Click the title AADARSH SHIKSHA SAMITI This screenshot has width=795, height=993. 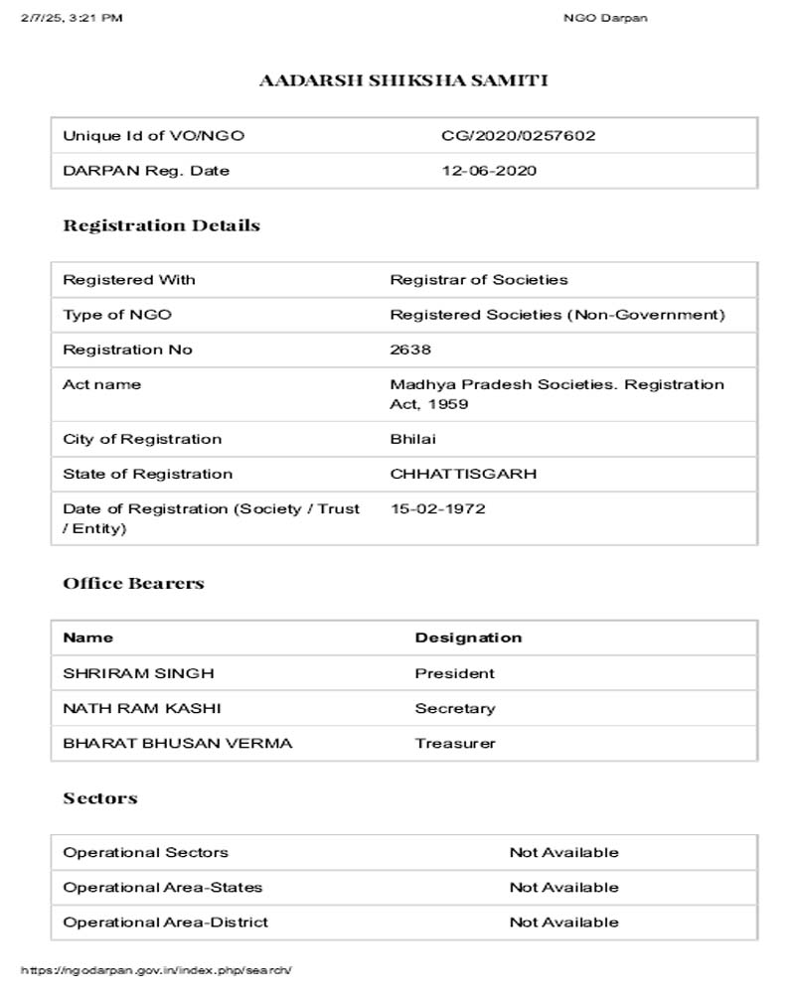(x=402, y=80)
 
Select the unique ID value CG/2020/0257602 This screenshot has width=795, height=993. (x=518, y=136)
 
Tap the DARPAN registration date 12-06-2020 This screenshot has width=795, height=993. (x=489, y=171)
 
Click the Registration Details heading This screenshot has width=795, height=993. (x=161, y=225)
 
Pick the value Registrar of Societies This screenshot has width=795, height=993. (x=479, y=280)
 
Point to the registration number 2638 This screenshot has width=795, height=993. (x=410, y=350)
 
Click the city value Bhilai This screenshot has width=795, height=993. (x=412, y=439)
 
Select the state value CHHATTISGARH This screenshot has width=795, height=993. (x=463, y=474)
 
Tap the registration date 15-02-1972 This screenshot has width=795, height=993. (x=437, y=508)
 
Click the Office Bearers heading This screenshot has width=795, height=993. (x=133, y=583)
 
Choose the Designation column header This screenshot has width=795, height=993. (x=468, y=638)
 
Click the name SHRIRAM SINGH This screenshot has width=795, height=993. (x=138, y=673)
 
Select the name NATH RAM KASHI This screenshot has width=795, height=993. (x=142, y=708)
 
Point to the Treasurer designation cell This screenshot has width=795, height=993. (x=455, y=743)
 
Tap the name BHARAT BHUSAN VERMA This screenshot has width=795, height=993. (x=178, y=743)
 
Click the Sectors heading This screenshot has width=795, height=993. (x=100, y=798)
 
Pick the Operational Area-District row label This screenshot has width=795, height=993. (x=165, y=922)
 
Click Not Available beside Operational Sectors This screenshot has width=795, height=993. (x=563, y=852)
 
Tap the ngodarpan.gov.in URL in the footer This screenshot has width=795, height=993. (x=156, y=969)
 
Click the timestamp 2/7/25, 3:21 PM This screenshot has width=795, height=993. (x=72, y=18)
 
